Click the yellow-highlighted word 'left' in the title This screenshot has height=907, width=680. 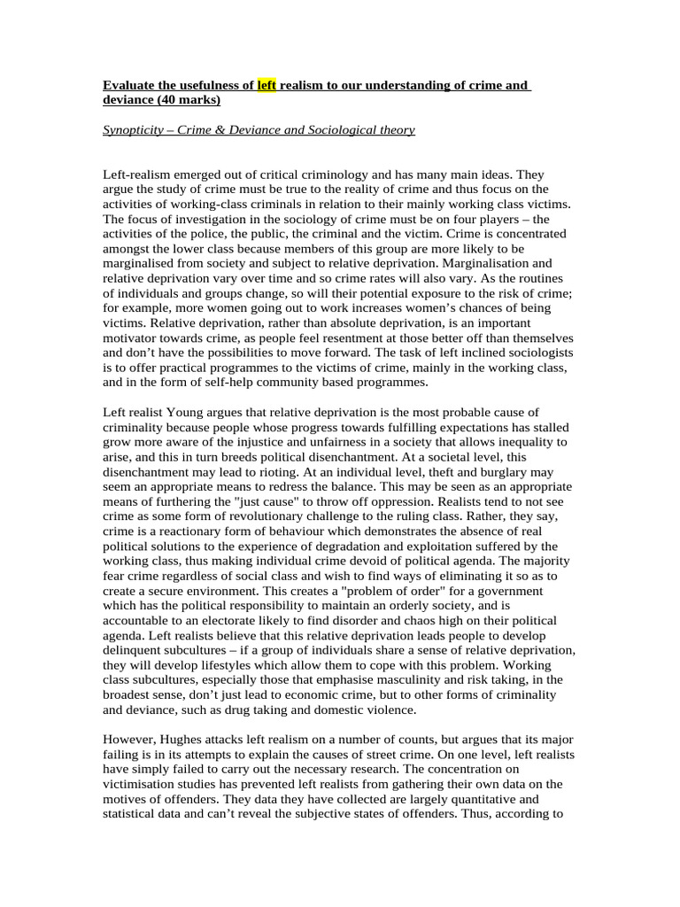[267, 85]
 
